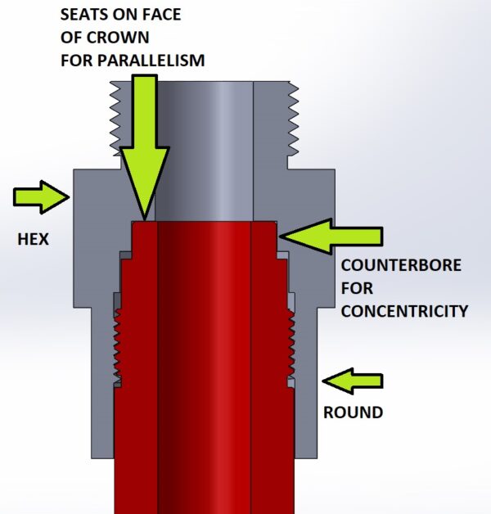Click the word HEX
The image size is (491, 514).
tap(33, 239)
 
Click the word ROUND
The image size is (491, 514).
tap(353, 413)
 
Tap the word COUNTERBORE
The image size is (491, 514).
tap(401, 265)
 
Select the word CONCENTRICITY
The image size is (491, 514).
tap(404, 311)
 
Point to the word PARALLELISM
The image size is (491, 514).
tap(151, 61)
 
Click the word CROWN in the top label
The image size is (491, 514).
tap(119, 38)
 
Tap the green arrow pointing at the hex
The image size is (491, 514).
tap(41, 197)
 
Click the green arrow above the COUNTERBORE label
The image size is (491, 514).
tap(331, 236)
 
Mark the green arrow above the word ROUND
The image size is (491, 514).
tap(353, 381)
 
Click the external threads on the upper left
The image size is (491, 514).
tap(115, 119)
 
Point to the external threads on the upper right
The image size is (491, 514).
tap(293, 119)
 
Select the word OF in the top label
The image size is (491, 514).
tap(71, 38)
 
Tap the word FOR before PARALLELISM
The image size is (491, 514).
tap(77, 61)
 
